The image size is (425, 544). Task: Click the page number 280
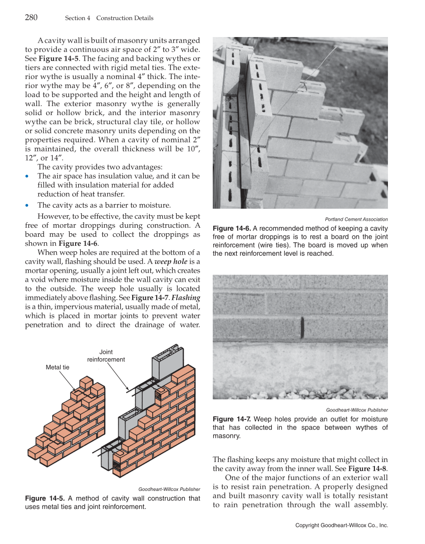(32, 18)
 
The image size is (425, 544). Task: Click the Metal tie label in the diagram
(58, 367)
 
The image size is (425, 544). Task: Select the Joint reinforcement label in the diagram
(106, 356)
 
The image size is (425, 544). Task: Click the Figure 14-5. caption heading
(45, 498)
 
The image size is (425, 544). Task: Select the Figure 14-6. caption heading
(232, 228)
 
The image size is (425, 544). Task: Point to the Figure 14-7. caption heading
(232, 419)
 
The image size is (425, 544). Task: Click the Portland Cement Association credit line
(356, 219)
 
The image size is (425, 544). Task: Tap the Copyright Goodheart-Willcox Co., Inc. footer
(341, 525)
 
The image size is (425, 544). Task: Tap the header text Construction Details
(125, 18)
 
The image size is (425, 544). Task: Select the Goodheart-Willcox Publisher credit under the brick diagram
(169, 489)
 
